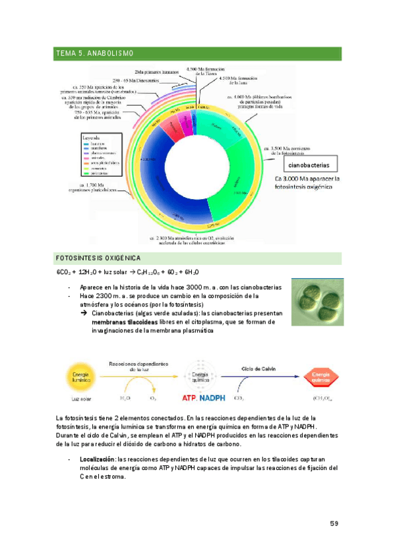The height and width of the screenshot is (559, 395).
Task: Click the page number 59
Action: (334, 524)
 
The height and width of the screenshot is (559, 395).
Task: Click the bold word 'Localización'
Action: (96, 459)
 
